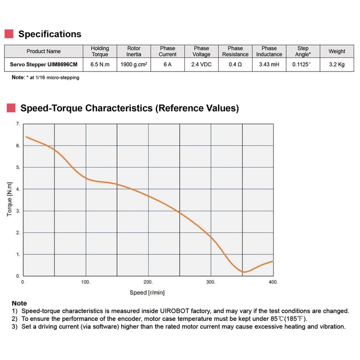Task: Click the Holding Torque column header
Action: click(x=100, y=51)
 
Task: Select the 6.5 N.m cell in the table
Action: click(x=100, y=65)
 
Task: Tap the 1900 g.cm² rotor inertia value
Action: click(x=134, y=65)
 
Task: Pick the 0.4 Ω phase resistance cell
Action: click(x=235, y=65)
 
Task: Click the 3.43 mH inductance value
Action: click(x=269, y=65)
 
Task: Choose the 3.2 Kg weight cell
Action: click(x=337, y=65)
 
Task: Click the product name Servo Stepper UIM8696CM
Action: click(x=44, y=65)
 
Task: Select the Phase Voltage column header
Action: click(x=201, y=51)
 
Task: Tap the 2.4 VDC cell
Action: click(x=201, y=65)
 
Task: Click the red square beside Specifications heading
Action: click(x=9, y=34)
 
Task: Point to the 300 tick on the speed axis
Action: click(x=211, y=282)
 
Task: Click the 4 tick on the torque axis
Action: click(x=18, y=189)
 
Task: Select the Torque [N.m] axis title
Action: click(x=9, y=200)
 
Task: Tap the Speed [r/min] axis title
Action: click(x=147, y=292)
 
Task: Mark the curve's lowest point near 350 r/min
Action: click(x=244, y=272)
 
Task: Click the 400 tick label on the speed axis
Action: click(x=273, y=282)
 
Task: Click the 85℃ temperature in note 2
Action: click(x=283, y=318)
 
